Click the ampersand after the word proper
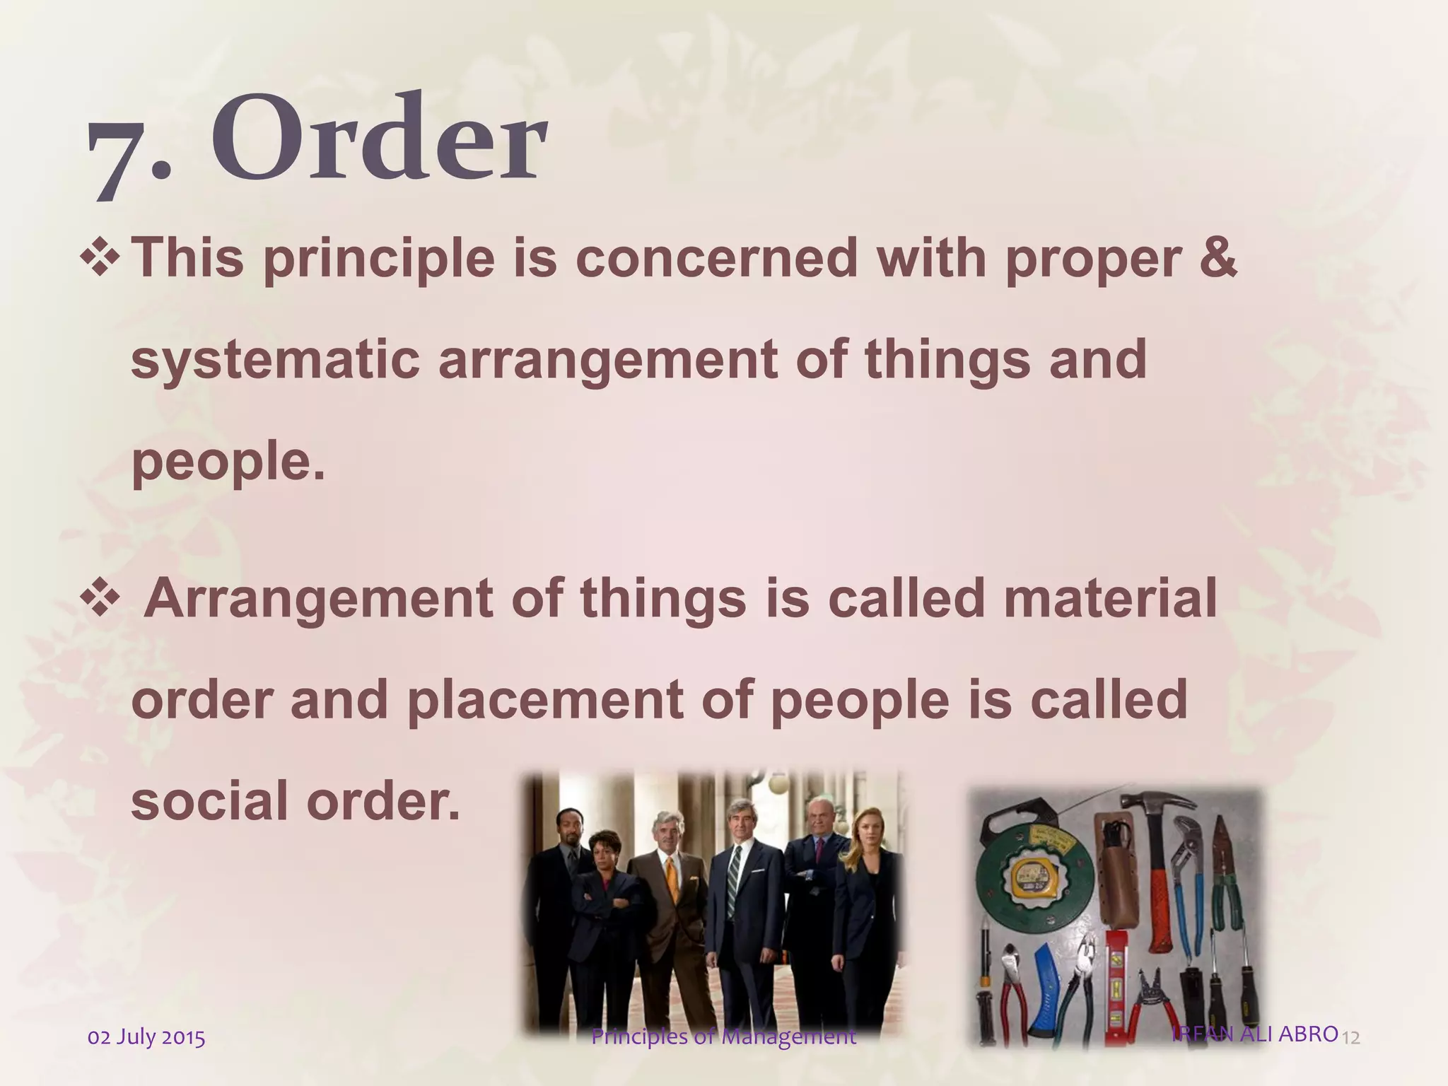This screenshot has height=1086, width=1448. click(x=1218, y=258)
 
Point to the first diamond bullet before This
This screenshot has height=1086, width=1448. click(x=102, y=257)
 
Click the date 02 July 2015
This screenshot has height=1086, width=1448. click(x=146, y=1038)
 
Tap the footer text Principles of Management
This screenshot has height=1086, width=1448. click(x=723, y=1037)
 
